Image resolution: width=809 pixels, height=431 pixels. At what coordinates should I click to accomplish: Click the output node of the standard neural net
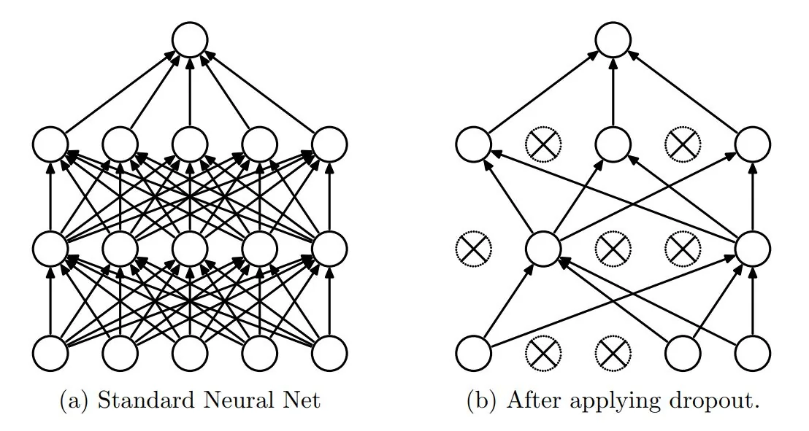click(190, 39)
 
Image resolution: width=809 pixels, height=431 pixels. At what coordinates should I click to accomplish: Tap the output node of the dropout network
click(613, 39)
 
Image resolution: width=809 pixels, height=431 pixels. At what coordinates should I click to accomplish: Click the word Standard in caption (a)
click(137, 400)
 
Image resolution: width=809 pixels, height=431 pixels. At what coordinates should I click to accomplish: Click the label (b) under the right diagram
click(485, 400)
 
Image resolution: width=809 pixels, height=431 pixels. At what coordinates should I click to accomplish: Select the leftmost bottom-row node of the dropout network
click(474, 353)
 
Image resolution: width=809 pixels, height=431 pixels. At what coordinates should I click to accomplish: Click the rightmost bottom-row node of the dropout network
click(752, 353)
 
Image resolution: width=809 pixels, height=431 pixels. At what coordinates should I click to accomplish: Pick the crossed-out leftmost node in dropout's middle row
click(474, 249)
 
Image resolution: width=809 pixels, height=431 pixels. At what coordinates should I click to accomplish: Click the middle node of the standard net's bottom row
click(190, 353)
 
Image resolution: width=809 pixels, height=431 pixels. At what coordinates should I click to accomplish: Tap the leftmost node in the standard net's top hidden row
click(50, 144)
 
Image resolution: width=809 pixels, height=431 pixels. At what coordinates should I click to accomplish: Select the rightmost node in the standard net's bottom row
click(329, 353)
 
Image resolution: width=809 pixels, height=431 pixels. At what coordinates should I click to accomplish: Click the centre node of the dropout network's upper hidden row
click(613, 144)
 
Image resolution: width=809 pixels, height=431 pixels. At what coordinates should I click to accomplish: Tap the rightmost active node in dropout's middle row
click(752, 249)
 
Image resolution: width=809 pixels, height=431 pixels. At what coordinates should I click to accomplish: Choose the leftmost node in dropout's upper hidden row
click(474, 144)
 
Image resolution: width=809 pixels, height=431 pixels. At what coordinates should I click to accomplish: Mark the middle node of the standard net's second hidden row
click(190, 249)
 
